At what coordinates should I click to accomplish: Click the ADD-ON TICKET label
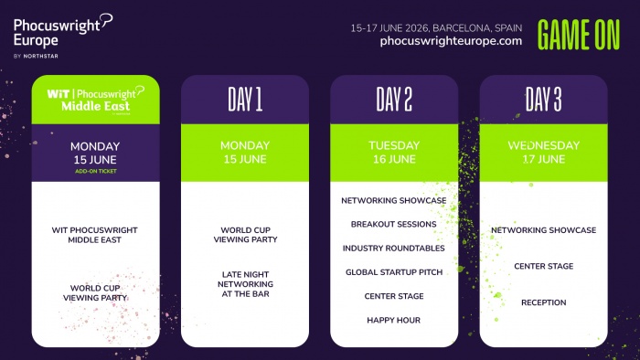coord(95,171)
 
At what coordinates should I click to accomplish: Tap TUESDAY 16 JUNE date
coord(394,153)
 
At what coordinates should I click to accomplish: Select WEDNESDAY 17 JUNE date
coord(543,153)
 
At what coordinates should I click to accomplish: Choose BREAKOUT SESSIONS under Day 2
coord(394,224)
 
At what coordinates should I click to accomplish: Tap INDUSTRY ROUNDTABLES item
coord(394,248)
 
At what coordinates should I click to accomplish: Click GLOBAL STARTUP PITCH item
coord(394,272)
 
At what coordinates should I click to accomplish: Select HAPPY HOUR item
coord(394,320)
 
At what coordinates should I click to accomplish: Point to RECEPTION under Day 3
coord(543,302)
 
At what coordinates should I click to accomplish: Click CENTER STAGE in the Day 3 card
coord(543,266)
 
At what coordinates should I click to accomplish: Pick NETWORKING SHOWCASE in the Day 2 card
coord(394,200)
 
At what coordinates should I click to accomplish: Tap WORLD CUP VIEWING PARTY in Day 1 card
coord(244,235)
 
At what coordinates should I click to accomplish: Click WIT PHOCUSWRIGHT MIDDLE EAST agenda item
coord(95,235)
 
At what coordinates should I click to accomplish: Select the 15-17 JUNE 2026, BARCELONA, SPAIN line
coord(436,27)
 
